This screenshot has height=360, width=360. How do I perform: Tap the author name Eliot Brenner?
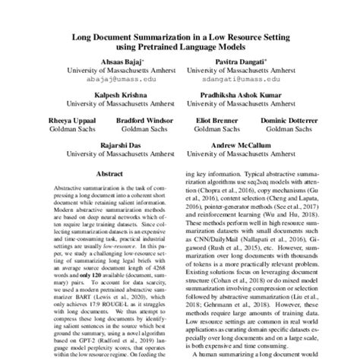pos(214,119)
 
